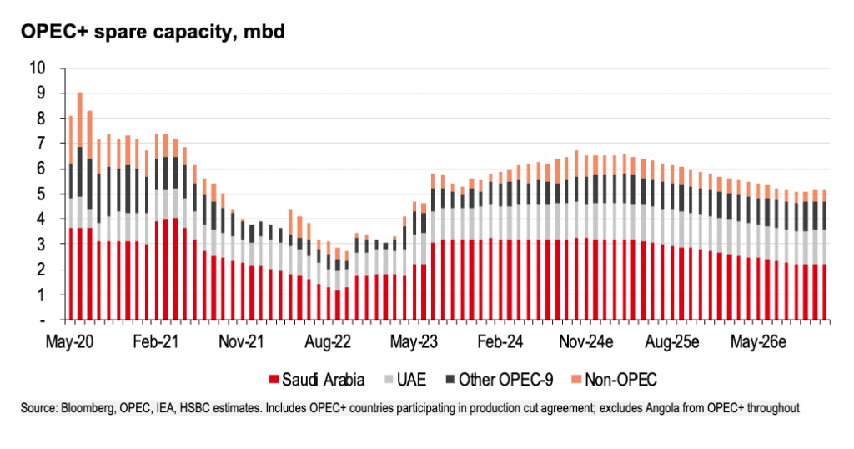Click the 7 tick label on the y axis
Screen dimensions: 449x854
point(40,144)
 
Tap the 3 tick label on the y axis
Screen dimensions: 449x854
point(40,245)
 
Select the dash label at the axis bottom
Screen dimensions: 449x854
point(41,320)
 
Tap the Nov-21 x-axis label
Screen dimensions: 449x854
point(242,342)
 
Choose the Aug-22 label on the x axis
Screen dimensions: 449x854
point(328,342)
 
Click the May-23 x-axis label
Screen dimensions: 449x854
point(414,342)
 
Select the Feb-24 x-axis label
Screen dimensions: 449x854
point(500,342)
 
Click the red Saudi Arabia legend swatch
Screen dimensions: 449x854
point(271,381)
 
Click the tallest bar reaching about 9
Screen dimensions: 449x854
point(80,209)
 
